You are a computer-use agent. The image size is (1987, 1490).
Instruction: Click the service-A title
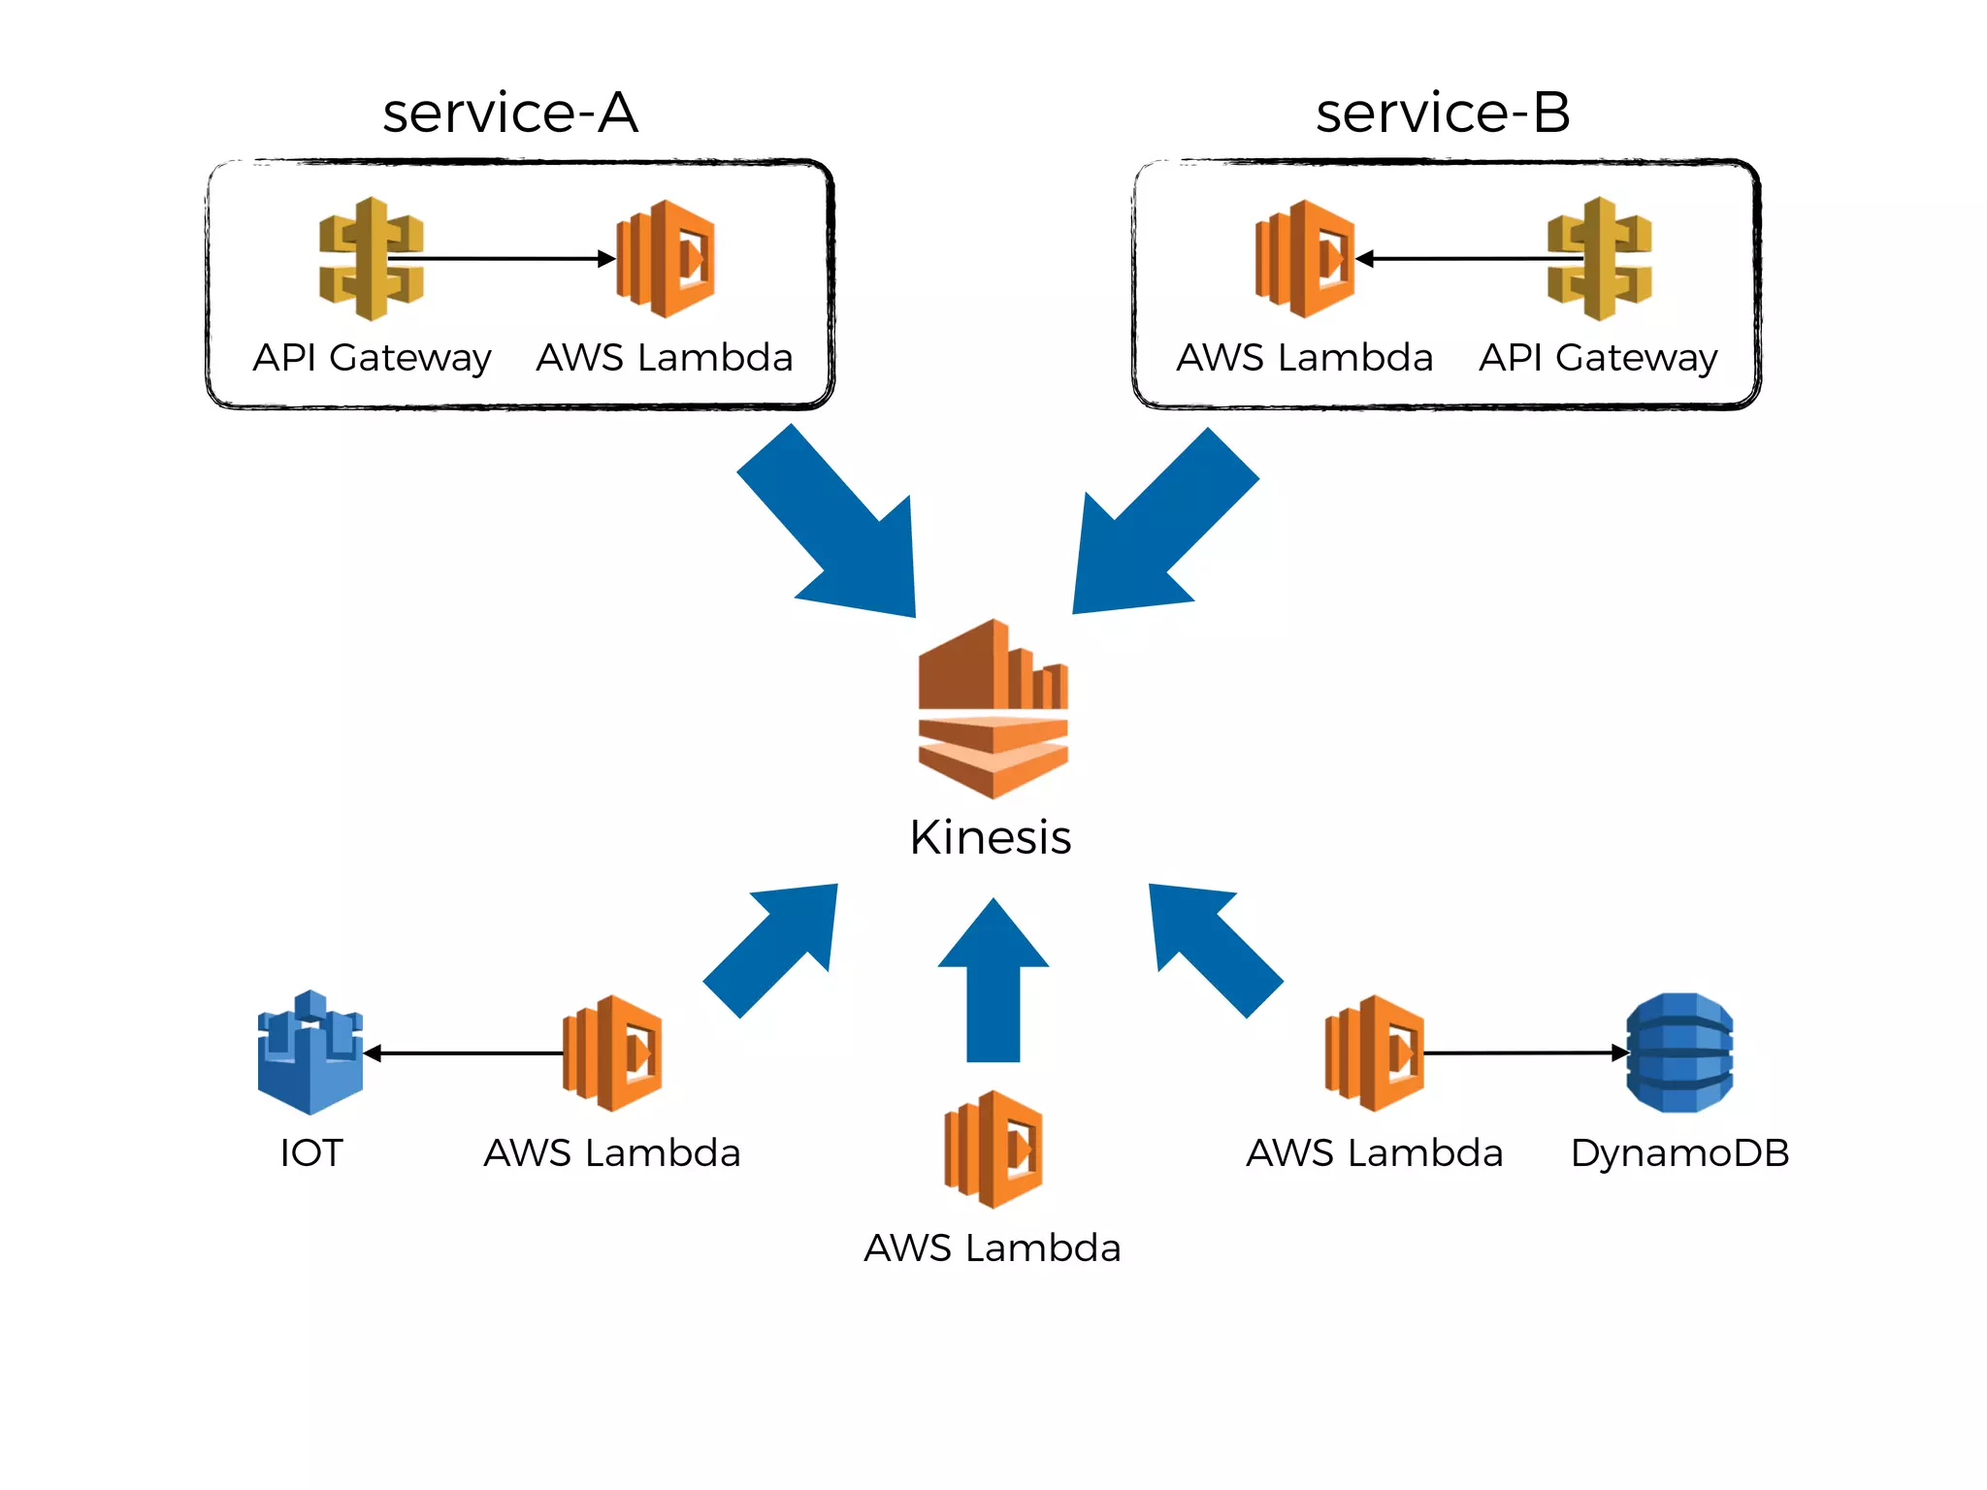[510, 113]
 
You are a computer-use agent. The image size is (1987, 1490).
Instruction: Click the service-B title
[1442, 113]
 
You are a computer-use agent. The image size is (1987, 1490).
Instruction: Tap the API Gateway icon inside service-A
[371, 258]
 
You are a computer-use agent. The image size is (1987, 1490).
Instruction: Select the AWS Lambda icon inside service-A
[668, 258]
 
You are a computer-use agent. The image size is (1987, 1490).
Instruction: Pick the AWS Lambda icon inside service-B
[1305, 258]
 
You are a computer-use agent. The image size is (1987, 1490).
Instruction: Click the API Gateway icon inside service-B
[1599, 258]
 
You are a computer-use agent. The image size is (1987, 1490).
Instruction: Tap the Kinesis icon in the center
[993, 709]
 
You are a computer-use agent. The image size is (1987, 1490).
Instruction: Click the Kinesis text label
[991, 837]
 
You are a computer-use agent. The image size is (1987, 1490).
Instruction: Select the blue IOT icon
[309, 1052]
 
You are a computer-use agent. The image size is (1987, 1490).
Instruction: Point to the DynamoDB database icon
[1679, 1052]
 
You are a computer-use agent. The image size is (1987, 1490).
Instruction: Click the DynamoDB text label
[1679, 1152]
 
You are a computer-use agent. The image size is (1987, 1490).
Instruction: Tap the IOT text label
[310, 1152]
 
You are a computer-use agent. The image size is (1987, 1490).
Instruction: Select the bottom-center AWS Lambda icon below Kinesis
[993, 1149]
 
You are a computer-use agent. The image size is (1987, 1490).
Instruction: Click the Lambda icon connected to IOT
[613, 1053]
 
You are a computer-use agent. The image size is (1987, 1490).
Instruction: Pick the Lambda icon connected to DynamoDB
[1375, 1053]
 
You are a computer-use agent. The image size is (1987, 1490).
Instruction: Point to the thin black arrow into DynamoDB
[1523, 1053]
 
